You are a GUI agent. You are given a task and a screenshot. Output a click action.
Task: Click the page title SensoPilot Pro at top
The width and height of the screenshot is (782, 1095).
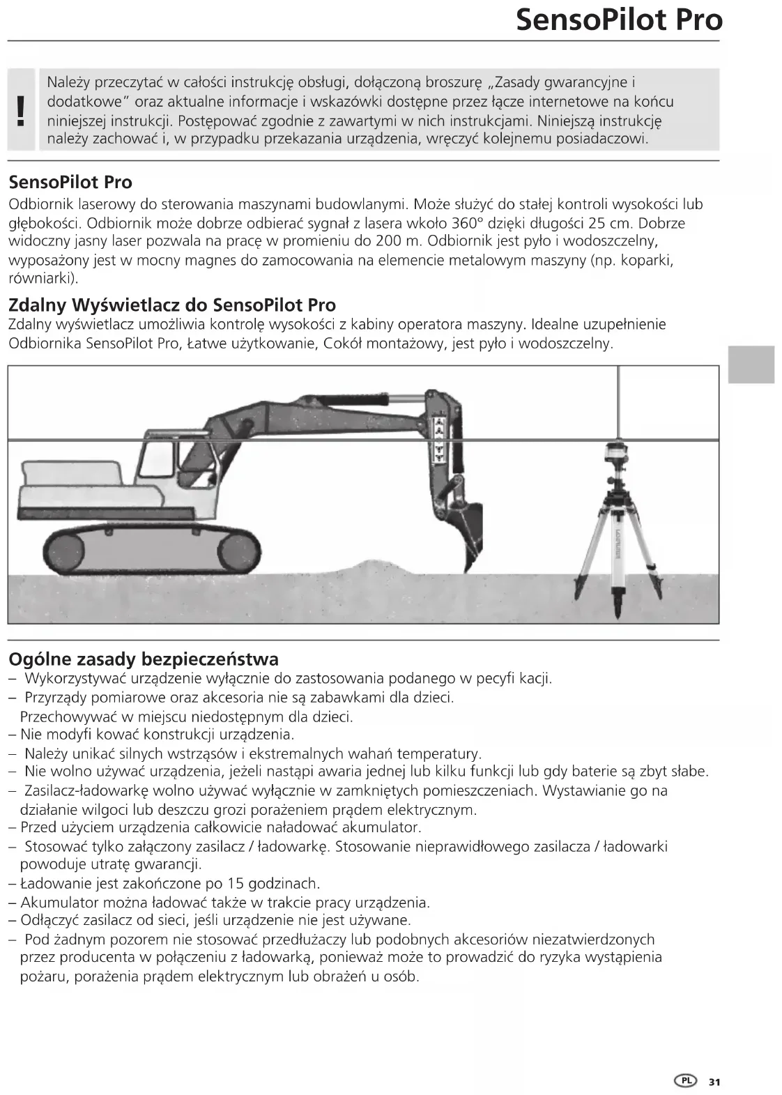coord(619,20)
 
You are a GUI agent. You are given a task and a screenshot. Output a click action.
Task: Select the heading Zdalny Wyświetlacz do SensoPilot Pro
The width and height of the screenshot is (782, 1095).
coord(172,305)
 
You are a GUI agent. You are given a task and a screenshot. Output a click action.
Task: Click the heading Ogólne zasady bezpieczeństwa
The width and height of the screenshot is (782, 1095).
coord(144,659)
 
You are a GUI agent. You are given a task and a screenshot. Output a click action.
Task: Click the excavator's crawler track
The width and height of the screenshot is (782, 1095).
coord(152,551)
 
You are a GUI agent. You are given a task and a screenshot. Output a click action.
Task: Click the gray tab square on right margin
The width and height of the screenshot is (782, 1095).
coord(751,364)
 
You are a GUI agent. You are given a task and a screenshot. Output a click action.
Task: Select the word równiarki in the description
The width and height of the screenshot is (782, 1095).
coord(40,279)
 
